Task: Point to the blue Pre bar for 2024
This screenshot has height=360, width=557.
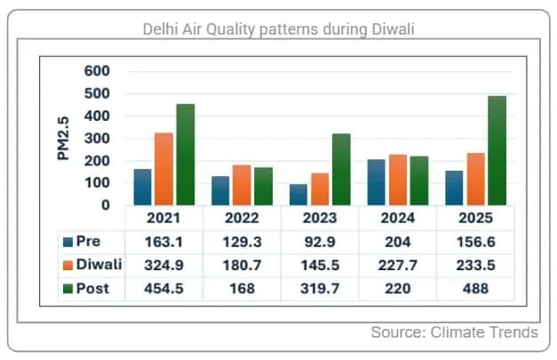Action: tap(377, 182)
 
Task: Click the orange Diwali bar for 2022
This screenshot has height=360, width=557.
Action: tap(242, 185)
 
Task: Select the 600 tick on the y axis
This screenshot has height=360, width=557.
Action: tap(97, 71)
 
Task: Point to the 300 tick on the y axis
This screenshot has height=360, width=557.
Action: tap(97, 139)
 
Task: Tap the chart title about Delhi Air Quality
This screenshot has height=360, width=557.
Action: tap(279, 29)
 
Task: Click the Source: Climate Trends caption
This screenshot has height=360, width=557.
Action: tap(454, 332)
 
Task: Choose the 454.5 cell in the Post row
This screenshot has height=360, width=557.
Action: tap(163, 288)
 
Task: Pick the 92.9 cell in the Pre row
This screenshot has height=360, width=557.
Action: tap(319, 242)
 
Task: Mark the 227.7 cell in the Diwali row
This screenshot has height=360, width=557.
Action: tap(396, 265)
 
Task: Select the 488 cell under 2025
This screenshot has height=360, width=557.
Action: tap(474, 288)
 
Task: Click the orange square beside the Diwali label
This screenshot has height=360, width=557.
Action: tap(68, 265)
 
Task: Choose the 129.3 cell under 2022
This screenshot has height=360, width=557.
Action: tap(242, 242)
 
